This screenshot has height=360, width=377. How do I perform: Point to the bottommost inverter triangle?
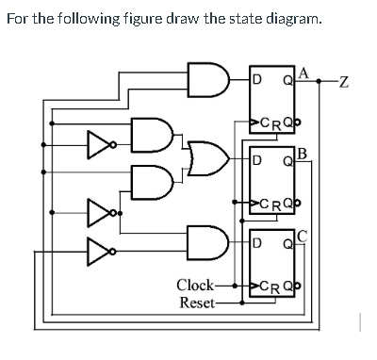97,251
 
